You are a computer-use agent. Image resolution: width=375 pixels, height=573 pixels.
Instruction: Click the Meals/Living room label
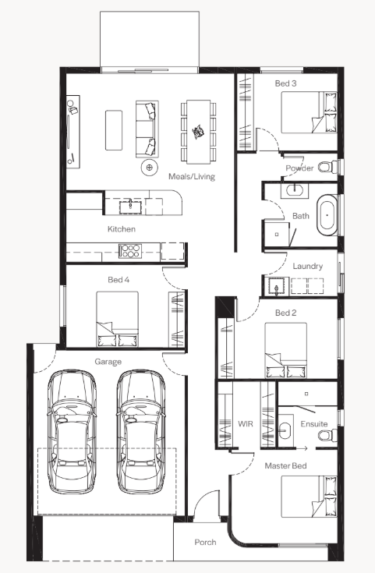point(192,176)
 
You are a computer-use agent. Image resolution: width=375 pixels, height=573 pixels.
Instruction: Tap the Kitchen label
point(122,229)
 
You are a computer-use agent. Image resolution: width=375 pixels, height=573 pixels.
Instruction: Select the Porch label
point(205,543)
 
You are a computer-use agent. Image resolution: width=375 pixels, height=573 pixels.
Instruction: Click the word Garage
point(108,362)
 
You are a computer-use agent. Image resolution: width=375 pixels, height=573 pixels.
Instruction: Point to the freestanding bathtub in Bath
point(327,215)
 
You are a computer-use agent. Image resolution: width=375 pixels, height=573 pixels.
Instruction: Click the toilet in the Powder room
point(327,167)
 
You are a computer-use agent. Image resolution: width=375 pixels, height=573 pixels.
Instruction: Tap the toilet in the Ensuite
point(327,435)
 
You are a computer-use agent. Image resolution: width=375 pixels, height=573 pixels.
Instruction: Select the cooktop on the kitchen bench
point(130,251)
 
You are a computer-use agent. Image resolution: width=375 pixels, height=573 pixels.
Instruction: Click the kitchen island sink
point(130,206)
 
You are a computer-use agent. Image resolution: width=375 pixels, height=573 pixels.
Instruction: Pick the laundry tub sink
point(277,286)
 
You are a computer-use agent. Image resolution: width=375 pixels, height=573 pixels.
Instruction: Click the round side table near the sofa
point(150,168)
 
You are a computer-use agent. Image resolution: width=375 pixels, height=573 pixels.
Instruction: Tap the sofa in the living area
point(147,129)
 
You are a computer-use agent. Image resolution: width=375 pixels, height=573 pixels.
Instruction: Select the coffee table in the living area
point(114,130)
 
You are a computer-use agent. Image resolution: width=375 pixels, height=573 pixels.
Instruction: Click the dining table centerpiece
point(198,132)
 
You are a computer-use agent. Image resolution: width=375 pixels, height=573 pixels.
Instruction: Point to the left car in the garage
point(72,432)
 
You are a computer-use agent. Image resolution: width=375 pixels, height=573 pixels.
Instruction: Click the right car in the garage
point(140,432)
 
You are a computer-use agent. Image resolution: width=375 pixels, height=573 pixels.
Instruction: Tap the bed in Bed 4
point(117,319)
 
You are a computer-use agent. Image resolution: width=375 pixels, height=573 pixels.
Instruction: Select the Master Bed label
point(285,466)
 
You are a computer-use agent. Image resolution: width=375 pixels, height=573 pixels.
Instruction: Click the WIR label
point(246,424)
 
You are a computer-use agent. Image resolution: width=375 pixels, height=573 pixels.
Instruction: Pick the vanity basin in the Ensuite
point(285,430)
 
